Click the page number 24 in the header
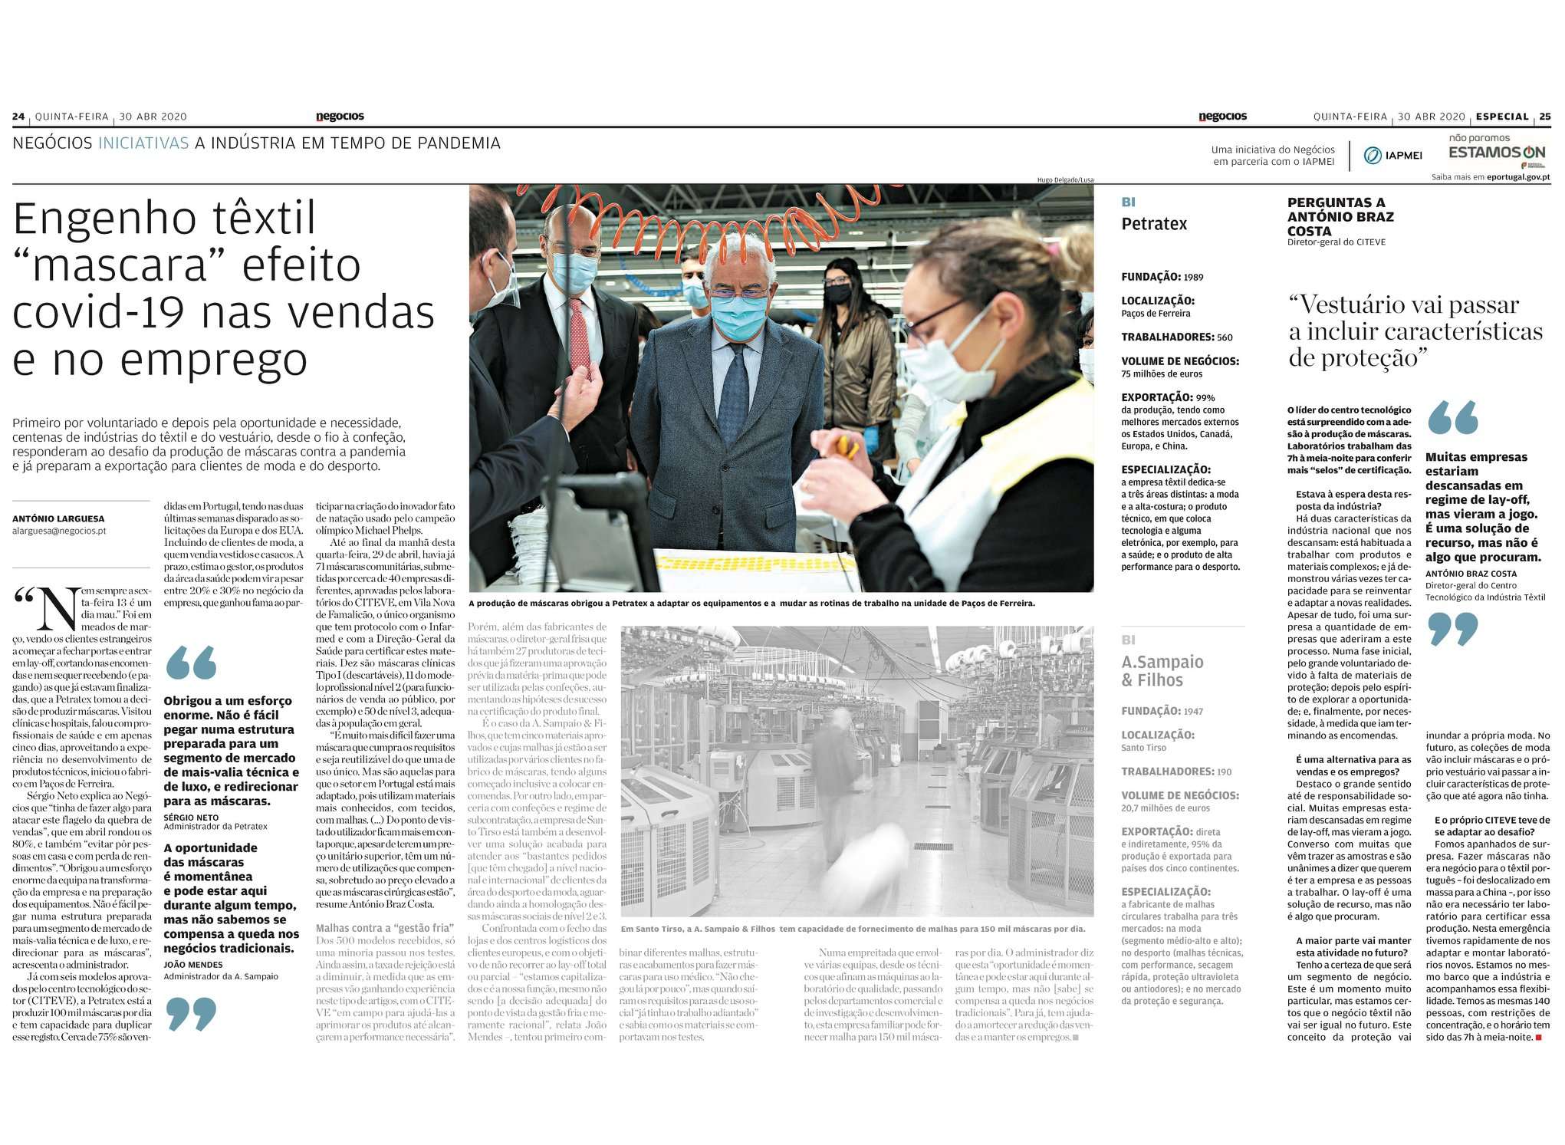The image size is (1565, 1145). tap(18, 117)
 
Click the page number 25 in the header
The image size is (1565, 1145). tap(1544, 117)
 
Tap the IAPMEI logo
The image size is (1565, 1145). tap(1393, 156)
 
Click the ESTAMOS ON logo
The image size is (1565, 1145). tap(1496, 151)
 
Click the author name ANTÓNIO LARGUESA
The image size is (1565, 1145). tap(58, 518)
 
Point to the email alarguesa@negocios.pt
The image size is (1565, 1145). tap(59, 531)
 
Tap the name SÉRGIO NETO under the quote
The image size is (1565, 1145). tap(191, 818)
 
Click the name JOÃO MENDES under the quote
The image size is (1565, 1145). tap(193, 965)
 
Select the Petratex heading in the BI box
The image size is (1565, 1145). tap(1154, 224)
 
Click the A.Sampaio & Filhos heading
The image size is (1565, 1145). tap(1162, 671)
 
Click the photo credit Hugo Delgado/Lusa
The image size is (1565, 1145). tap(1065, 179)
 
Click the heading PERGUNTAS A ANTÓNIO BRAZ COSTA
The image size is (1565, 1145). tap(1340, 216)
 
